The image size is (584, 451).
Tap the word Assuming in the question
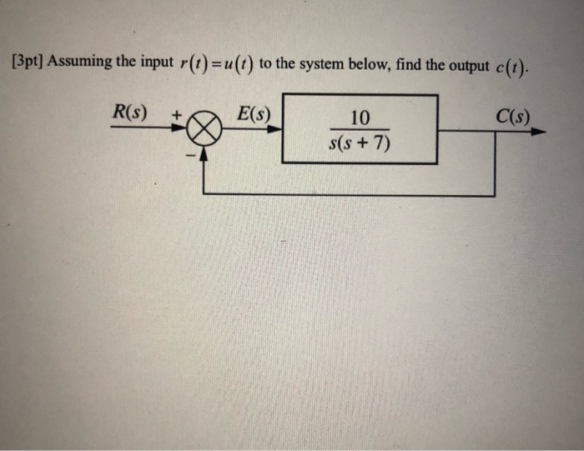76,63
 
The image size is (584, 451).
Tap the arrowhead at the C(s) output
540,131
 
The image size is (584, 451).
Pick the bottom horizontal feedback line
350,193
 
